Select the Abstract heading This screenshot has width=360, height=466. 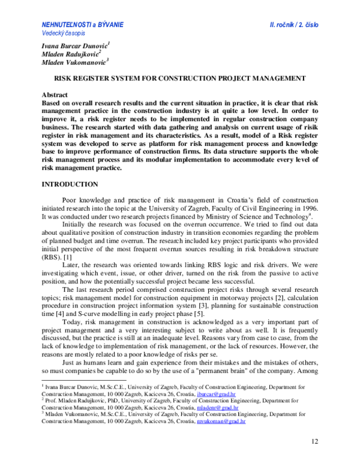[x=55, y=95]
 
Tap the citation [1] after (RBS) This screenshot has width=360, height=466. [x=68, y=256]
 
